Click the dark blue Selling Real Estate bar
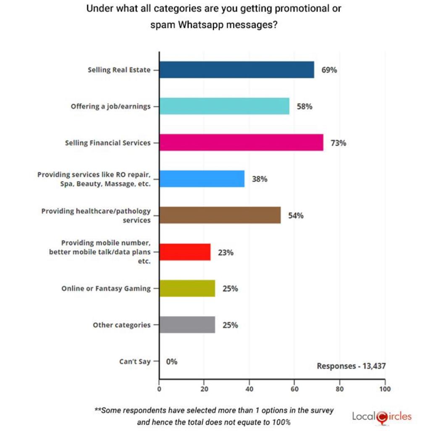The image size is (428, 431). [236, 70]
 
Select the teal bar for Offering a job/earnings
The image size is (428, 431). [224, 106]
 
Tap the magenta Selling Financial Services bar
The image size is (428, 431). [241, 142]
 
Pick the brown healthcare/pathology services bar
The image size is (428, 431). [220, 215]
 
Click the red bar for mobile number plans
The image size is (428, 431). [185, 252]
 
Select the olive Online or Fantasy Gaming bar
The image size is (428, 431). [187, 288]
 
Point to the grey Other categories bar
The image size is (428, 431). [187, 325]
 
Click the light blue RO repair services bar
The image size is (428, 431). [202, 179]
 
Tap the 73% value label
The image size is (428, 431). [338, 143]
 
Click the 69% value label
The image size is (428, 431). [329, 70]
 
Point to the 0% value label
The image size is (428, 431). [172, 361]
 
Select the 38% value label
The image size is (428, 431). [259, 179]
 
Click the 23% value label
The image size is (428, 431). [226, 253]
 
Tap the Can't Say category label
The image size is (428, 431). [135, 361]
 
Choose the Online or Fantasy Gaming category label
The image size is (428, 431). [106, 289]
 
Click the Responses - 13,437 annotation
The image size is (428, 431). [351, 366]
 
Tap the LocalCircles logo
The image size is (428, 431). [382, 417]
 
